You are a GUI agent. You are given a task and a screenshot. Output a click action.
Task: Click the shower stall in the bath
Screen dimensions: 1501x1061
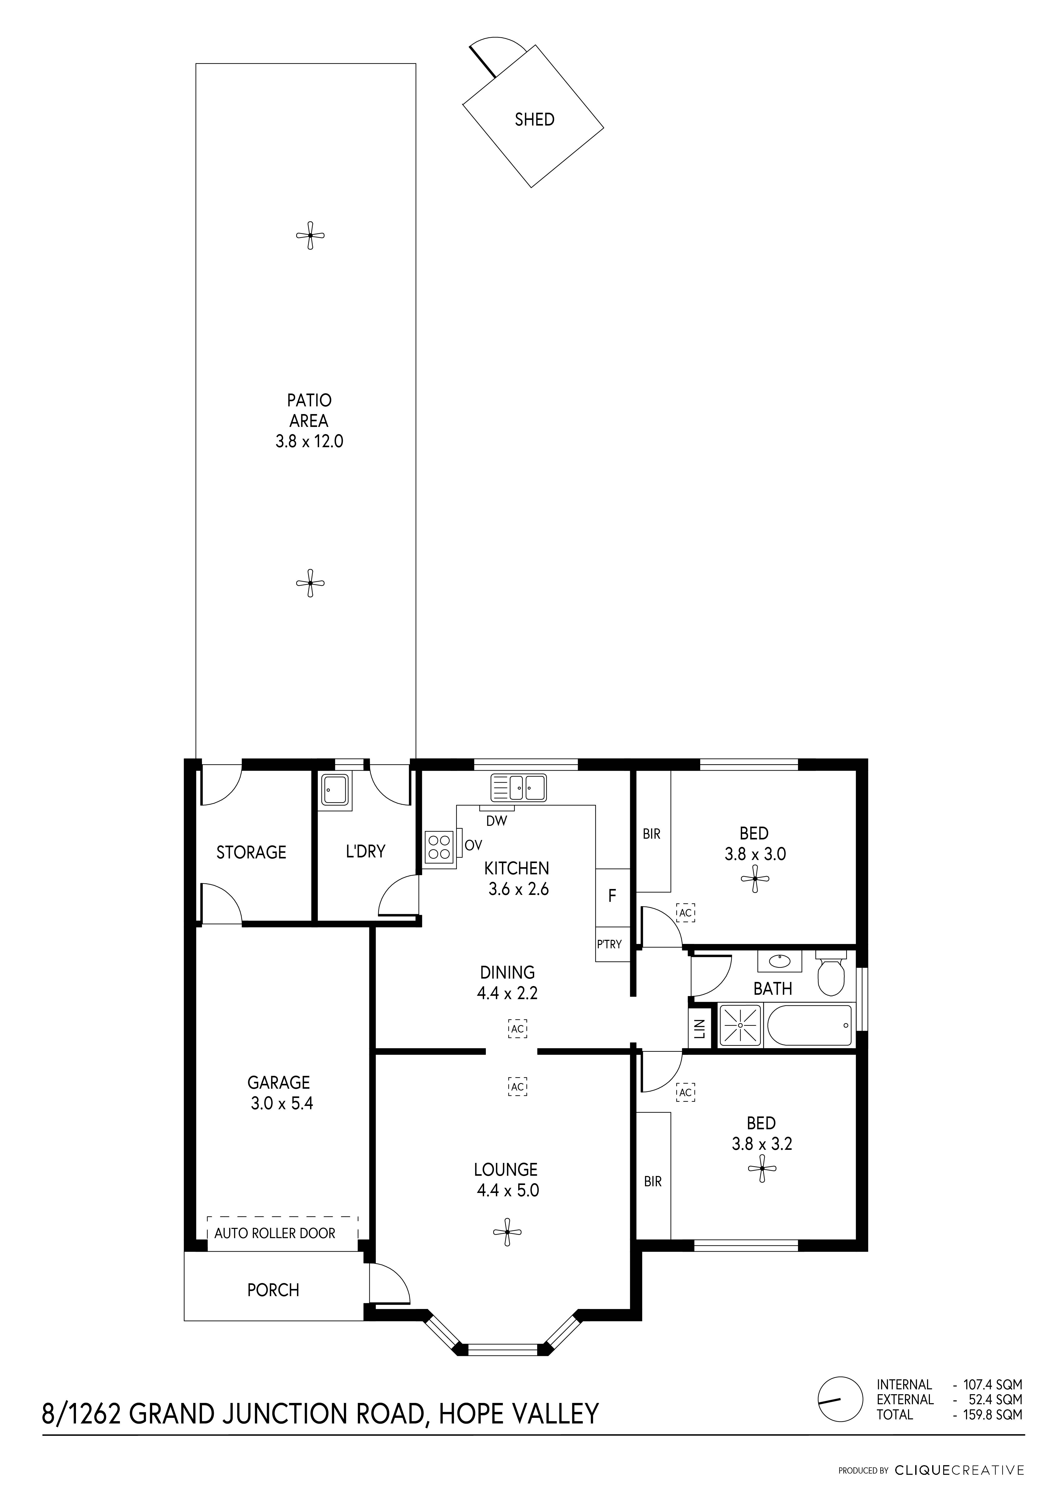pos(741,1026)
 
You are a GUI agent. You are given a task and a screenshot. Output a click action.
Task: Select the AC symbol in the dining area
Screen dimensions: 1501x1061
pos(518,1029)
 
